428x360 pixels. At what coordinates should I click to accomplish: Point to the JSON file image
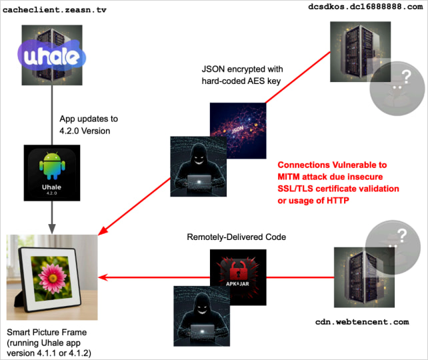[x=237, y=128]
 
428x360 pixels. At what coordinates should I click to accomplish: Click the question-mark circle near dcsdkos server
[x=397, y=85]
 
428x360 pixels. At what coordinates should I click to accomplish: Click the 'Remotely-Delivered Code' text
[x=237, y=237]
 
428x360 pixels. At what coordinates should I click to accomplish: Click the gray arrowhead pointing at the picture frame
[x=51, y=225]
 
